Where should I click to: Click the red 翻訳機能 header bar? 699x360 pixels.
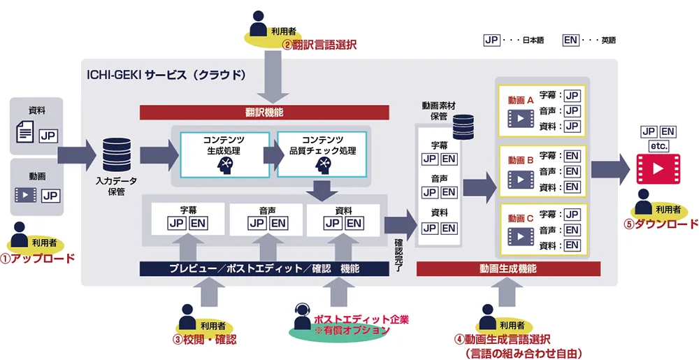click(x=264, y=112)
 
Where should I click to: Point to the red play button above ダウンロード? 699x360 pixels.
click(x=656, y=168)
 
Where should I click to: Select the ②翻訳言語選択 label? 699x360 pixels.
click(x=319, y=45)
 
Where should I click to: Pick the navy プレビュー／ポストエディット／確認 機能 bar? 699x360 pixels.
click(x=264, y=268)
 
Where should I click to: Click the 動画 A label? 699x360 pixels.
click(x=521, y=100)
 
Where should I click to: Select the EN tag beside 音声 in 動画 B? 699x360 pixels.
click(x=572, y=172)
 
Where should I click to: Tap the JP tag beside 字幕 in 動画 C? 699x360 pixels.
click(x=572, y=215)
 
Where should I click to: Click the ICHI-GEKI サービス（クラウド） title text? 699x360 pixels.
click(x=166, y=73)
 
